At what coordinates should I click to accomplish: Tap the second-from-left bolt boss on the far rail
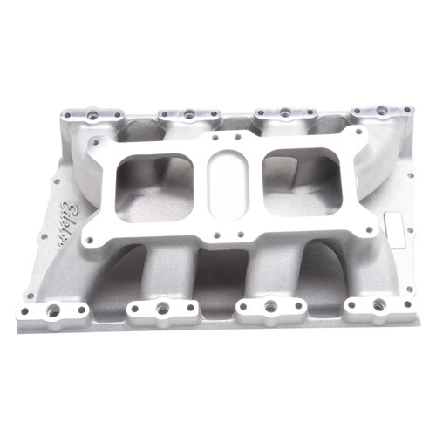[x=187, y=114]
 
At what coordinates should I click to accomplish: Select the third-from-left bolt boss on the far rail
[x=283, y=113]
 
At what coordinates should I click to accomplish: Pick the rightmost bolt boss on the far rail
[x=381, y=112]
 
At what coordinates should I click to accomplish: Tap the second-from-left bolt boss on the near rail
[x=161, y=308]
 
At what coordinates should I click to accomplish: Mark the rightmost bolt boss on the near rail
[x=378, y=306]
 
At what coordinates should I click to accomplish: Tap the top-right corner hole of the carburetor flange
[x=355, y=133]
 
